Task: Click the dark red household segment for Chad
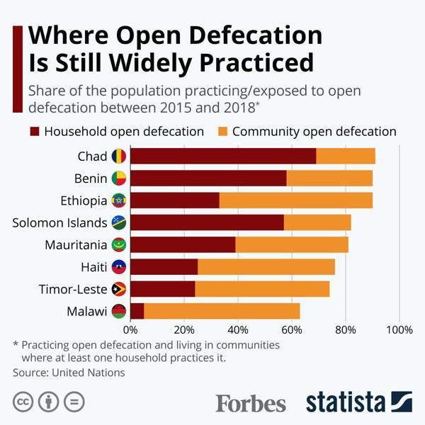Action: point(223,157)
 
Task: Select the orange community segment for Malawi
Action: point(222,311)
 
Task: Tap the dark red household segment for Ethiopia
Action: point(175,200)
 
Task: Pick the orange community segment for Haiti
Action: point(266,267)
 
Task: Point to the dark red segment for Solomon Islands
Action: point(207,222)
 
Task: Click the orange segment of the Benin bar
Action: point(329,178)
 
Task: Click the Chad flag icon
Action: point(119,157)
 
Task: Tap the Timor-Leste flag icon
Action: point(119,289)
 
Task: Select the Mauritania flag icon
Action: point(119,245)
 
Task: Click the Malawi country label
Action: point(86,311)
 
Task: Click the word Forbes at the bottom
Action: point(251,403)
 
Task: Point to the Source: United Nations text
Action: point(69,372)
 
